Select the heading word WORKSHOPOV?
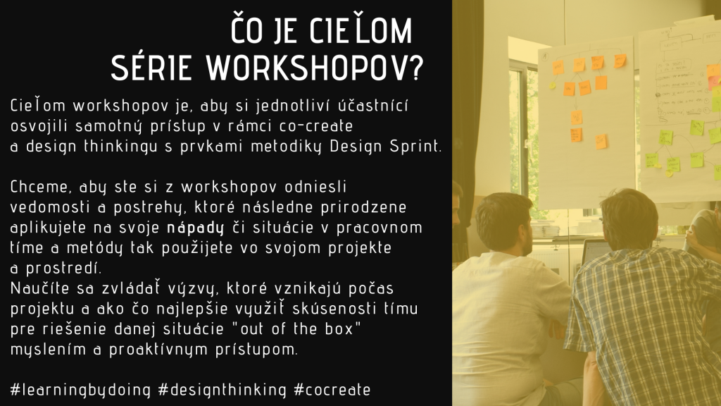pyautogui.click(x=314, y=68)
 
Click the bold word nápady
pyautogui.click(x=196, y=228)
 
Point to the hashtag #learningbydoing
pyautogui.click(x=80, y=389)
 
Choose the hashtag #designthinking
pyautogui.click(x=222, y=389)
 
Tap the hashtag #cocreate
pyautogui.click(x=332, y=389)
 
